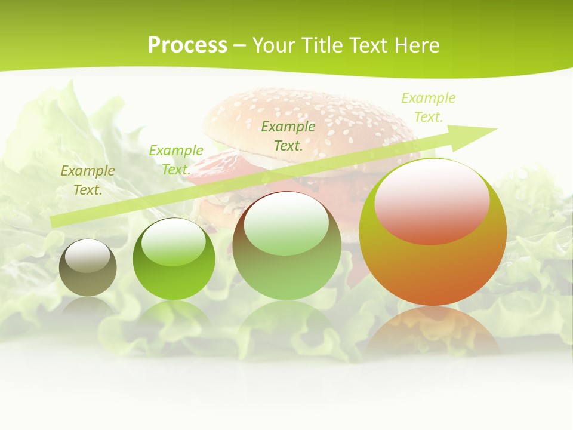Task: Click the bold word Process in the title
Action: tap(187, 45)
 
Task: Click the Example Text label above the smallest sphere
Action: tap(88, 180)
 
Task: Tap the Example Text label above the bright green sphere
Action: tap(176, 159)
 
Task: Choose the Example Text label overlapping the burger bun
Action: tap(288, 136)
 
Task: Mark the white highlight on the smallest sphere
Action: tap(88, 256)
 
